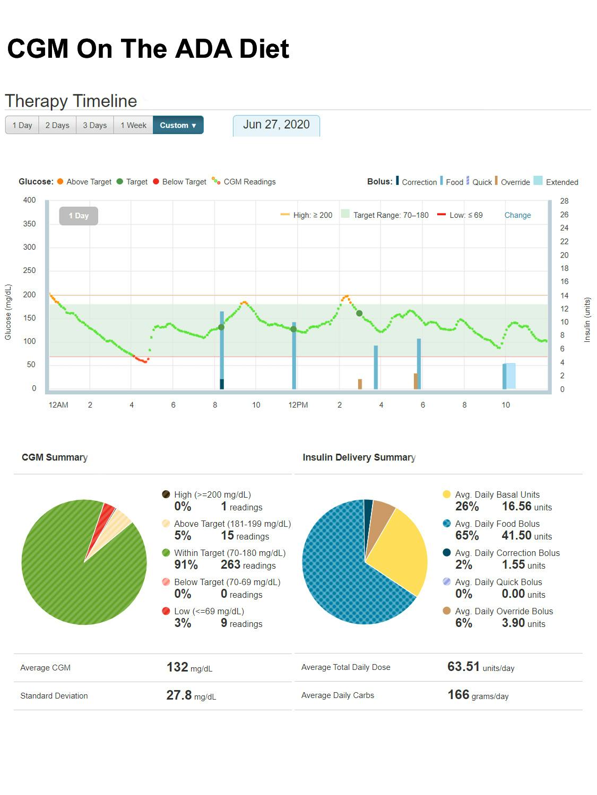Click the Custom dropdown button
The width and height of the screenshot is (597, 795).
pyautogui.click(x=178, y=125)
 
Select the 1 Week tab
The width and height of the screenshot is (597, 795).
pyautogui.click(x=133, y=125)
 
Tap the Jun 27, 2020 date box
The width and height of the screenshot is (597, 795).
pyautogui.click(x=276, y=125)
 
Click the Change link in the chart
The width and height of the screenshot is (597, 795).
pyautogui.click(x=517, y=215)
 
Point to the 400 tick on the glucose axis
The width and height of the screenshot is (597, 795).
pyautogui.click(x=30, y=200)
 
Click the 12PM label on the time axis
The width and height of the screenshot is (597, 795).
pyautogui.click(x=298, y=405)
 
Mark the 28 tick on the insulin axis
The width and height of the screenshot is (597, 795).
pyautogui.click(x=564, y=201)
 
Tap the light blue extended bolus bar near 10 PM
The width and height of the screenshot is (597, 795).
pyautogui.click(x=511, y=376)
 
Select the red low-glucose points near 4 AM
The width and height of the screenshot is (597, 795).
pyautogui.click(x=141, y=360)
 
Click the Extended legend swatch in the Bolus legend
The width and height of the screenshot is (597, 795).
pyautogui.click(x=538, y=181)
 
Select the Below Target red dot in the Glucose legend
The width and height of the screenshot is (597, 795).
pyautogui.click(x=156, y=181)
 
